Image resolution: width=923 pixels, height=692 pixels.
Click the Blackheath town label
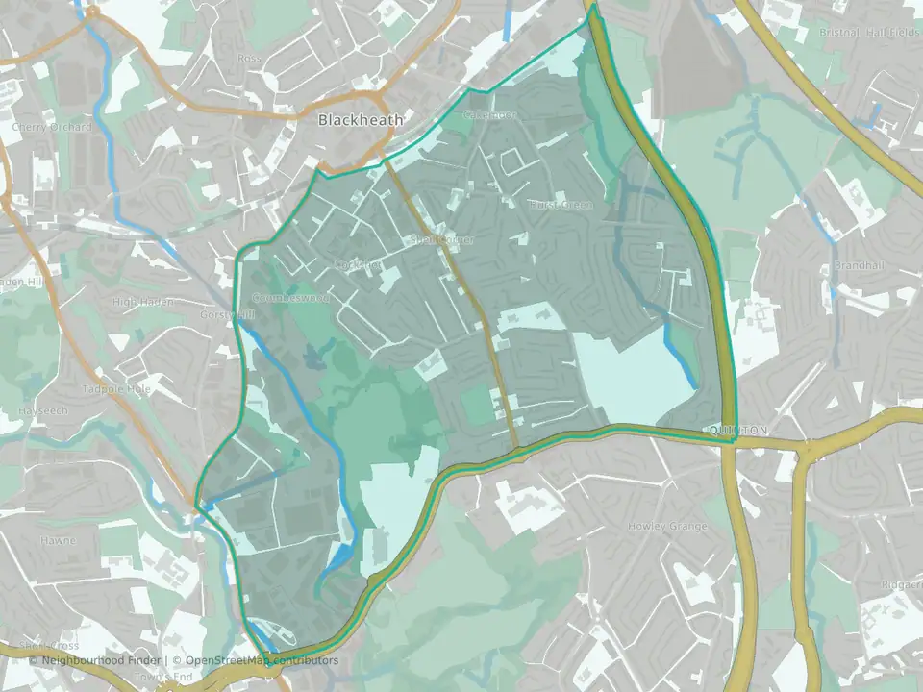(x=361, y=120)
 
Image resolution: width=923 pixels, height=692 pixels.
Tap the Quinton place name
(x=736, y=431)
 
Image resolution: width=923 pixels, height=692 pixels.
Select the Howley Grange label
(x=667, y=526)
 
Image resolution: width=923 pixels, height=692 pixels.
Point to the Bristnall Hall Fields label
(x=861, y=32)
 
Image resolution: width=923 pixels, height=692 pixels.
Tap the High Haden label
(x=143, y=302)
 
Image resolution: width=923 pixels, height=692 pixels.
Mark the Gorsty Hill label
(x=228, y=314)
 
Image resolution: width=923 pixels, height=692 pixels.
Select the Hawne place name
(x=58, y=540)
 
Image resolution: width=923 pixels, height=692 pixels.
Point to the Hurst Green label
(x=561, y=205)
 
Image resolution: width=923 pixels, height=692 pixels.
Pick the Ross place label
(x=249, y=58)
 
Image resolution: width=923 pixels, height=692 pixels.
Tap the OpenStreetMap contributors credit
(x=256, y=661)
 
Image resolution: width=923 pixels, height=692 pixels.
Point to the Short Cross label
(x=48, y=646)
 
